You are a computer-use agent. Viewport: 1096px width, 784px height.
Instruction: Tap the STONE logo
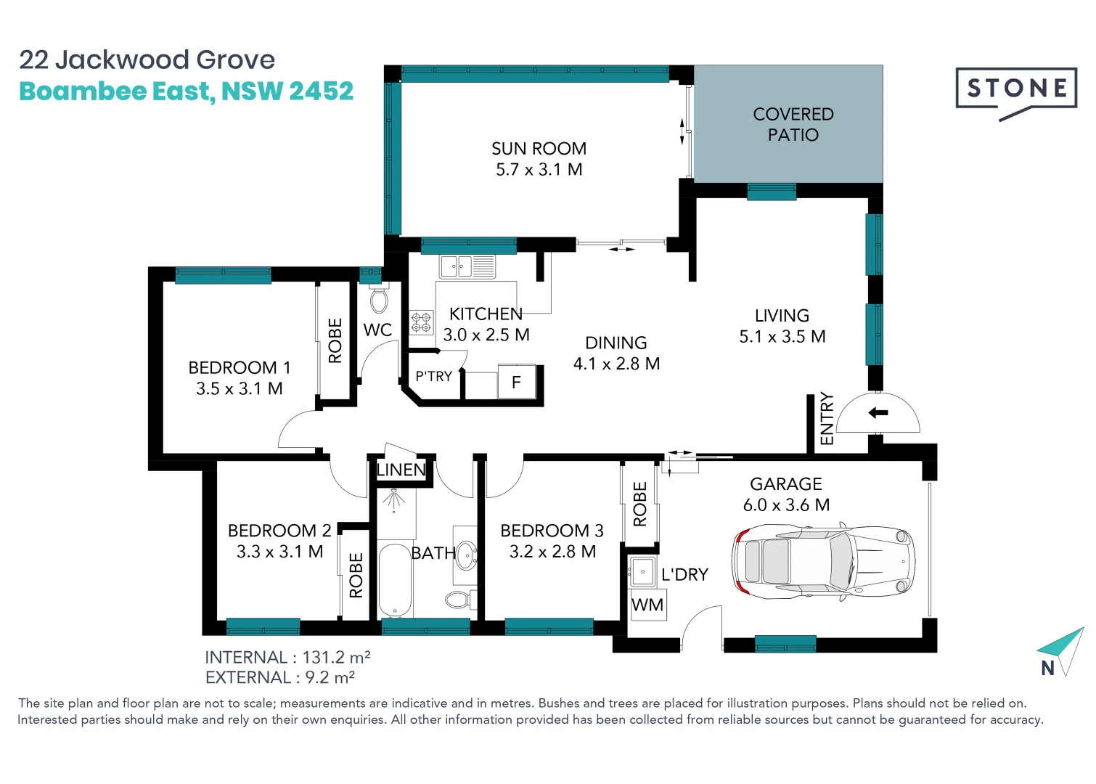[x=1016, y=89]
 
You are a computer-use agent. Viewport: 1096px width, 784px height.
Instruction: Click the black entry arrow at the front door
[x=878, y=413]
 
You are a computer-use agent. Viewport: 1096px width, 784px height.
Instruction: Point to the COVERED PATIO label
[x=793, y=124]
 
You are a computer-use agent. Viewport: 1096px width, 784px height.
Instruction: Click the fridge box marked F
[x=516, y=382]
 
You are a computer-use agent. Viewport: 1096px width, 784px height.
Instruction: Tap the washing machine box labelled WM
[x=647, y=605]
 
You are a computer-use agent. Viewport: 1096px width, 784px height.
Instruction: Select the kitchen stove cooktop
[x=422, y=322]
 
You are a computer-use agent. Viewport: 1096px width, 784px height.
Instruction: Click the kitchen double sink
[x=467, y=266]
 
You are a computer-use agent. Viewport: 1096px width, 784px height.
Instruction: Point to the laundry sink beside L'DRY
[x=642, y=571]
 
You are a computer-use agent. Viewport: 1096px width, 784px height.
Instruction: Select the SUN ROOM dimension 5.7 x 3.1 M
[x=539, y=170]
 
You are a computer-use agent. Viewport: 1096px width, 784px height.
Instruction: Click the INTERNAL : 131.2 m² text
[x=287, y=657]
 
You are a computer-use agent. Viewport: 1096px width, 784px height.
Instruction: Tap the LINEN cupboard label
[x=401, y=470]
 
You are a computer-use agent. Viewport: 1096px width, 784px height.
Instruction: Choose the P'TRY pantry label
[x=433, y=376]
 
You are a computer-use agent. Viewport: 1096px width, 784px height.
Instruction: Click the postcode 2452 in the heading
[x=321, y=91]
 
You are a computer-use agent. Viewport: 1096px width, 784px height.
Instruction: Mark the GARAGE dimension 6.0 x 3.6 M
[x=786, y=505]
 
